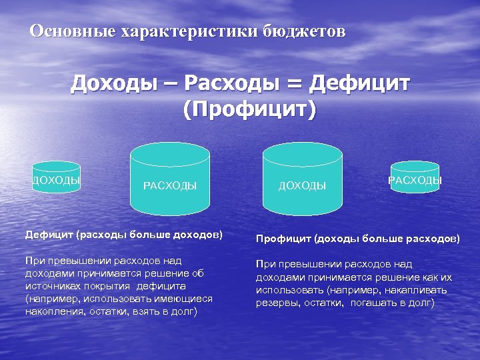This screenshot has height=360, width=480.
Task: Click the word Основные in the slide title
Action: coord(70,31)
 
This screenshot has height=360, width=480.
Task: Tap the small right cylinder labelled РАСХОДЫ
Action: coord(415,179)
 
